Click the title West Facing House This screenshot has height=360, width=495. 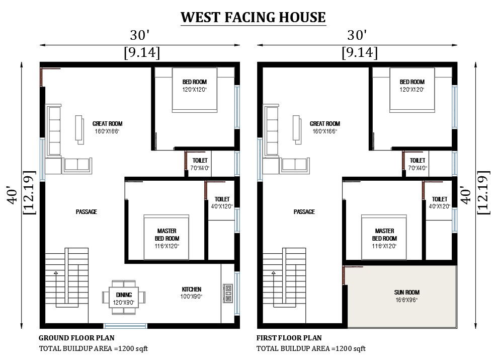pos(253,17)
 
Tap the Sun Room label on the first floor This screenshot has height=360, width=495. pos(406,293)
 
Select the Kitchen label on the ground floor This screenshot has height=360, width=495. pos(192,289)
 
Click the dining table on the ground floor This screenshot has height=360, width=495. pos(124,297)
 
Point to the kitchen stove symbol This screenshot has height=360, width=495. pos(228,294)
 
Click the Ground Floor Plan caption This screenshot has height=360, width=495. pos(76,338)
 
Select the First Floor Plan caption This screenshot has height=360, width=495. pos(289,338)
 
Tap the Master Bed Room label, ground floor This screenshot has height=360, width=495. pos(167,235)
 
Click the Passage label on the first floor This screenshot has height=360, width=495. pos(304,212)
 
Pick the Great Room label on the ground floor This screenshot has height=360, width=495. pos(107,123)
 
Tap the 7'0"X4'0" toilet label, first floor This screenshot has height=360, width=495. pos(418,168)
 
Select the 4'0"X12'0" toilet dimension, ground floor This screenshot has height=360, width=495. pos(222,206)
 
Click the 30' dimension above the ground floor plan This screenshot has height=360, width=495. pos(139,35)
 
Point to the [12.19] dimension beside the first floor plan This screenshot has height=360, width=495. pos(483,193)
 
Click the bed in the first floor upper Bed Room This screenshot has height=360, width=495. pos(412,90)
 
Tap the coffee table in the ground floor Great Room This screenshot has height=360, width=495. pos(79,129)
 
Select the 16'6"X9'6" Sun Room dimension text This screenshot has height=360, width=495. pos(406,300)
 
